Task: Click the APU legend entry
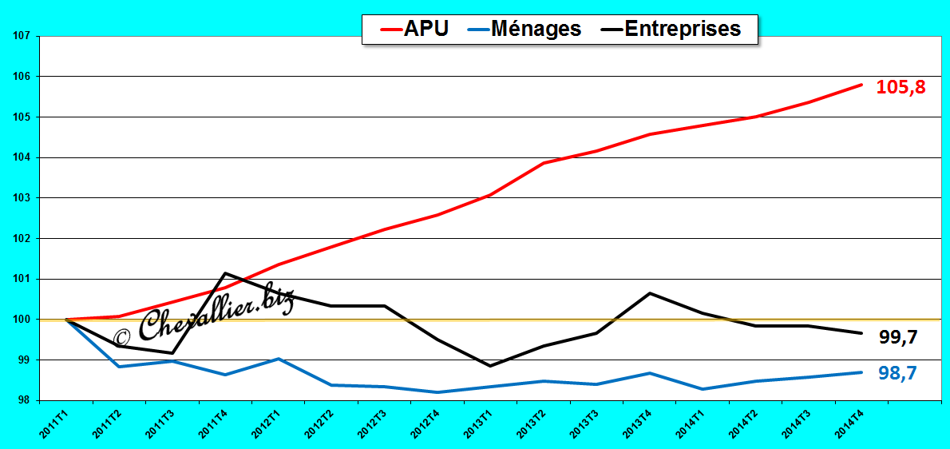coord(414,29)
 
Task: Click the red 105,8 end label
coord(901,88)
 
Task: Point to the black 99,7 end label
coord(898,337)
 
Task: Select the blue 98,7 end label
coord(898,373)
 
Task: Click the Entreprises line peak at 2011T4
coord(225,273)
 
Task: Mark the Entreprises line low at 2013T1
coord(489,365)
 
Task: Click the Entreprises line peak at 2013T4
coord(650,293)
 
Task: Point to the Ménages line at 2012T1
coord(279,359)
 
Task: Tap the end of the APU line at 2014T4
coord(861,84)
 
